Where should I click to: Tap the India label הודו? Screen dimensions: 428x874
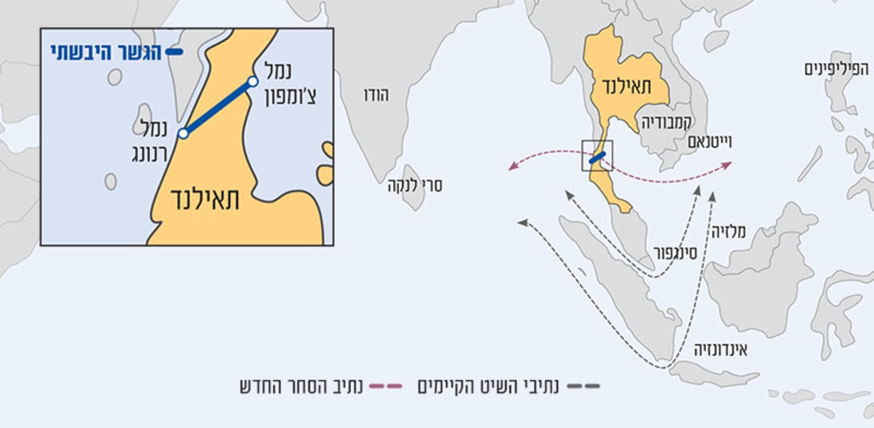pyautogui.click(x=376, y=95)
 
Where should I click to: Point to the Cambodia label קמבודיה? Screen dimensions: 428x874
pyautogui.click(x=666, y=122)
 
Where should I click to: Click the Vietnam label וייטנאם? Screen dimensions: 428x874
pyautogui.click(x=710, y=142)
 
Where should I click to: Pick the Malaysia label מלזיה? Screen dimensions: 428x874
pyautogui.click(x=728, y=232)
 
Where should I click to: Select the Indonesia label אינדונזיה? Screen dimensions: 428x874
pyautogui.click(x=721, y=350)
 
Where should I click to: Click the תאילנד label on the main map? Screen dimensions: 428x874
pyautogui.click(x=627, y=86)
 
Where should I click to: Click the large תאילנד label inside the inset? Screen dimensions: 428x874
pyautogui.click(x=205, y=199)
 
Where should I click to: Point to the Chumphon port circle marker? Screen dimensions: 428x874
pyautogui.click(x=252, y=82)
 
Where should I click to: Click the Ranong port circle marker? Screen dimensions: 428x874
pyautogui.click(x=184, y=133)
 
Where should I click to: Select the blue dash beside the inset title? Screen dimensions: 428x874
pyautogui.click(x=174, y=52)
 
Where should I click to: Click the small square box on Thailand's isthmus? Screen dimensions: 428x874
pyautogui.click(x=597, y=156)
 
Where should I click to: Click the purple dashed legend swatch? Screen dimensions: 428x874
pyautogui.click(x=385, y=387)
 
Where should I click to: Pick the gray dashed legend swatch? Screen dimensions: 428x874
pyautogui.click(x=583, y=387)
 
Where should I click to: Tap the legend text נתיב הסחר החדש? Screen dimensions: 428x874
pyautogui.click(x=301, y=387)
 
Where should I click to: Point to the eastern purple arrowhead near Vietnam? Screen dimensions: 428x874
pyautogui.click(x=727, y=164)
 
